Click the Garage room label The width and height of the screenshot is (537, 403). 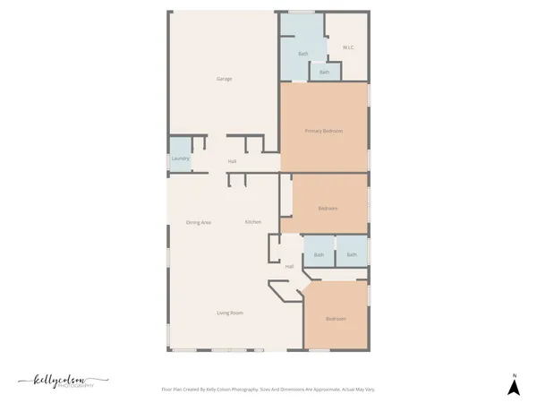coord(224,79)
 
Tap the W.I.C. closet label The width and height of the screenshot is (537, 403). coord(349,47)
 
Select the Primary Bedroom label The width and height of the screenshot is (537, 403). coord(323,131)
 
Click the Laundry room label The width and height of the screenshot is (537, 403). coord(180,159)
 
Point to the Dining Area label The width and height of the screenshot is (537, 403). coord(198,222)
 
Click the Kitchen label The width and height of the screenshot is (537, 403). coord(253,221)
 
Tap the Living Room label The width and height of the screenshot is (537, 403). coord(230,313)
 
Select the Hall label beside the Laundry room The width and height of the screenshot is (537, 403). coord(232,161)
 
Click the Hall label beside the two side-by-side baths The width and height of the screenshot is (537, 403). coord(289,267)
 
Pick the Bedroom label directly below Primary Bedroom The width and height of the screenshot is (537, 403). coord(328,209)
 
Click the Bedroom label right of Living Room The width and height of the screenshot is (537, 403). coord(335,319)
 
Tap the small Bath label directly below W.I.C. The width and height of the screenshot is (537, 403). coord(324,72)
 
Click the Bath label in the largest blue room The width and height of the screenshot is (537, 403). coord(303,55)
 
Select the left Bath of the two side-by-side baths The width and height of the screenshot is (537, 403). coord(319,255)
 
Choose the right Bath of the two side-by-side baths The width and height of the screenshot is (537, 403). coord(352,255)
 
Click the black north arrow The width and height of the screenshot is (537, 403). coord(514,388)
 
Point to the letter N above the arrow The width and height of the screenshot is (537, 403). coord(514,374)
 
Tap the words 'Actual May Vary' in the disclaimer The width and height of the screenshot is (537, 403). coord(359,390)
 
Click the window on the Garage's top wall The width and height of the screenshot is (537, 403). coord(301,12)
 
